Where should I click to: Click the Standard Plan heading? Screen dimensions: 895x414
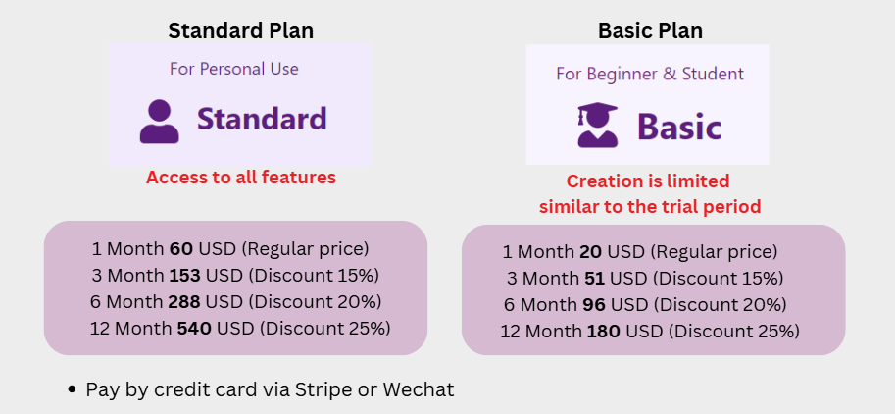point(240,31)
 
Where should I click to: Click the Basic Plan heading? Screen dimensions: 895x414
point(650,31)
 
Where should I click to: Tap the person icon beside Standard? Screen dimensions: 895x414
point(159,122)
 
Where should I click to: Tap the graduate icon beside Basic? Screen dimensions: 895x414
point(598,126)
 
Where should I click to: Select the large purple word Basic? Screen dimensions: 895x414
point(679,127)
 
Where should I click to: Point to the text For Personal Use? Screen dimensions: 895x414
point(234,69)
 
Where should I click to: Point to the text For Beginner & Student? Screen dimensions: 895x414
point(650,74)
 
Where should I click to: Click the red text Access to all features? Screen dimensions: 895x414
point(241,178)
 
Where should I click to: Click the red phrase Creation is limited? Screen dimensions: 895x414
point(648,181)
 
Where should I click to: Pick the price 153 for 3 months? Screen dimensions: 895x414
point(185,276)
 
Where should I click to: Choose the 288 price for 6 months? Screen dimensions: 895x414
point(184,301)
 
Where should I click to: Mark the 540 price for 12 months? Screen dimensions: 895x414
point(194,329)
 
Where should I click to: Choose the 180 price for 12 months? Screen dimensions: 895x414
point(603,332)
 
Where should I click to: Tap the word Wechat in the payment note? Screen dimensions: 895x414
point(419,390)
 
